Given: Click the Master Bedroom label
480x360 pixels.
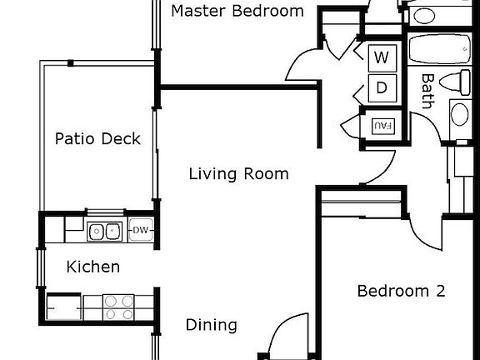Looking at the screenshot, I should tap(237, 12).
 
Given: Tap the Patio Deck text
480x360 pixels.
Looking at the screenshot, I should tap(97, 139).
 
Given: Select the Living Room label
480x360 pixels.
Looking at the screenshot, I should tap(238, 174).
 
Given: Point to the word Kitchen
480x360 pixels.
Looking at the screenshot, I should tap(93, 267).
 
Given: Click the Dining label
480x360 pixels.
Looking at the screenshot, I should tap(211, 325).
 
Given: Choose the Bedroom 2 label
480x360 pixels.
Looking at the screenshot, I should tap(401, 291).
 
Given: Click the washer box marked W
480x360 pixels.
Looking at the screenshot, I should tap(382, 58).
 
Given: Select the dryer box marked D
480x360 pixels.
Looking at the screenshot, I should tap(382, 87).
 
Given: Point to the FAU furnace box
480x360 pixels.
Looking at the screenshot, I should tap(382, 126).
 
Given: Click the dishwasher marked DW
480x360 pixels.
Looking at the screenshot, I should tap(140, 231).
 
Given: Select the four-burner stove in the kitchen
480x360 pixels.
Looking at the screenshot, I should tap(119, 307).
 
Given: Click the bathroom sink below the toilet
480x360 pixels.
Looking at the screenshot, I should tap(460, 114).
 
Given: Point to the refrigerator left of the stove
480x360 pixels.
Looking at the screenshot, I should tap(64, 307).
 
